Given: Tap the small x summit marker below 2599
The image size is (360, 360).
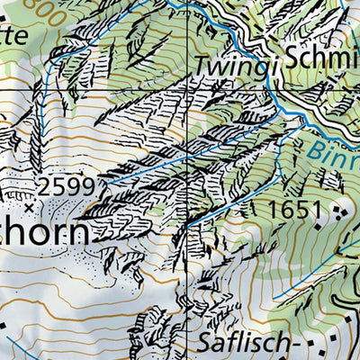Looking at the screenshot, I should coord(29,207).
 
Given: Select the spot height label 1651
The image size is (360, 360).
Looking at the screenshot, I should coord(293,211).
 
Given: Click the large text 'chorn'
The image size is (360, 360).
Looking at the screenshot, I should coord(45,233).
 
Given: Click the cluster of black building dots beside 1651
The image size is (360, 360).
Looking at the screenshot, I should coord(337,212).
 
